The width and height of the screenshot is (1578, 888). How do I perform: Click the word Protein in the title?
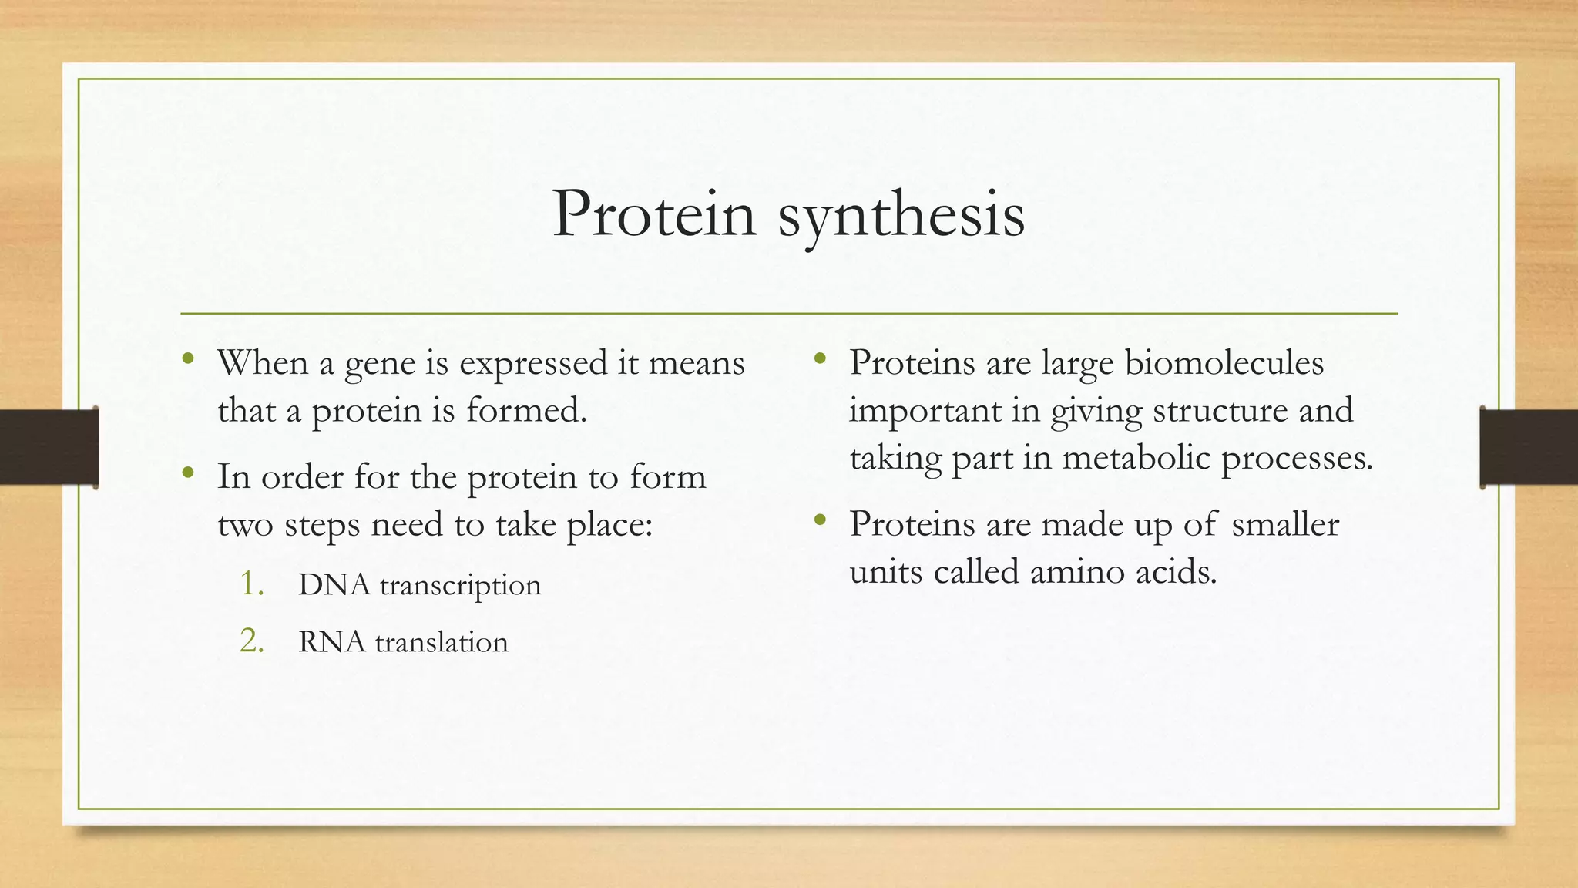[654, 214]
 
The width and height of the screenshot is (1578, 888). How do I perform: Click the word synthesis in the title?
[901, 216]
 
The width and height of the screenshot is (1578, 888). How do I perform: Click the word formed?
[526, 410]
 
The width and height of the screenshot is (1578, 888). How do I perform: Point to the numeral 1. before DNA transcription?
[252, 584]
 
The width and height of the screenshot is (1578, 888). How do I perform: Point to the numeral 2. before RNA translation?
[252, 641]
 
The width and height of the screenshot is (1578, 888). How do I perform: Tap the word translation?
[442, 642]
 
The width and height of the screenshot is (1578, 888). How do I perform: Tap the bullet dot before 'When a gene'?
[188, 358]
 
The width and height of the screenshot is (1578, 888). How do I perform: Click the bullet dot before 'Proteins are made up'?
[820, 520]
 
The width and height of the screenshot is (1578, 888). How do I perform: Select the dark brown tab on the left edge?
[49, 447]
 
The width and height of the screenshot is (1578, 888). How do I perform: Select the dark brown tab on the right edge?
[1529, 447]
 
